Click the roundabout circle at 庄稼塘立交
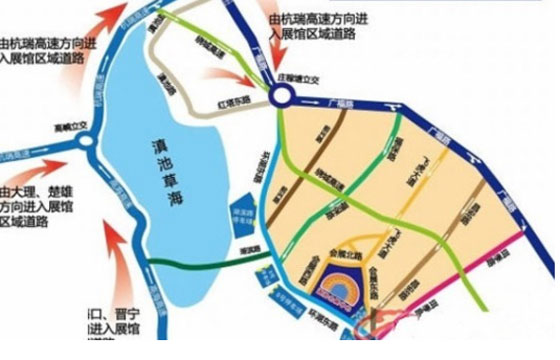click(x=281, y=96)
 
